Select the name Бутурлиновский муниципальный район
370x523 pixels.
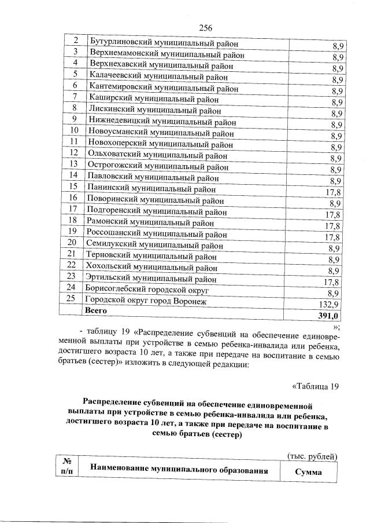[x=163, y=42]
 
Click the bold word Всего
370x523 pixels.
[x=97, y=310]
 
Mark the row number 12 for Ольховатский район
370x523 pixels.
[x=74, y=153]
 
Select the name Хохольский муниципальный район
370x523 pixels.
[x=151, y=266]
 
